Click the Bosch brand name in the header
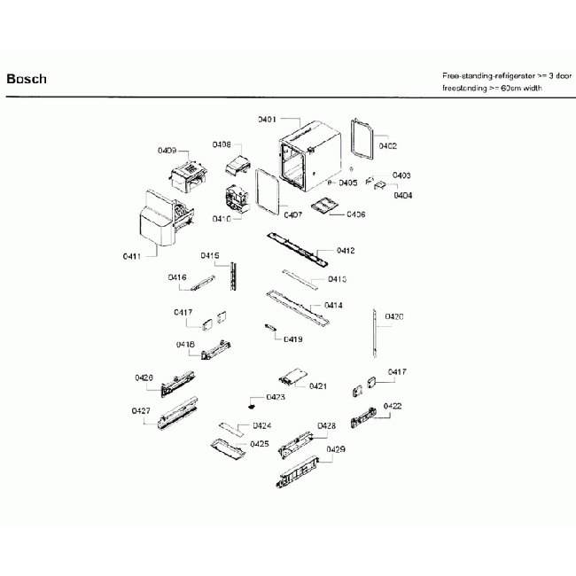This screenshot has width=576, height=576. point(27,79)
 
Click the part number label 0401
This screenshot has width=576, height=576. point(268,119)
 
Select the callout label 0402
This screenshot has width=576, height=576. point(387,145)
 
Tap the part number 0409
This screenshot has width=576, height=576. point(167,150)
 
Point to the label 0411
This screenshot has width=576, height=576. point(132,256)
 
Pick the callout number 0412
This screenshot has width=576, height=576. point(345,251)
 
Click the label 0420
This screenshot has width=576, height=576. point(394,316)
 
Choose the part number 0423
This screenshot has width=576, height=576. point(276,398)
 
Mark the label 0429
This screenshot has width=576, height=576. point(335,450)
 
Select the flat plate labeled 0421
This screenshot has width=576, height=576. point(292,378)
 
